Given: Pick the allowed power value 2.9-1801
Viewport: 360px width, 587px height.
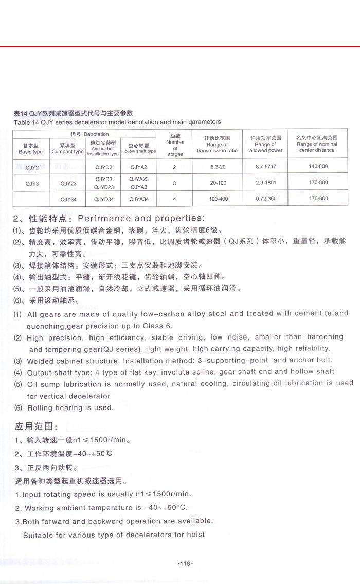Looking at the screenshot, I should (x=266, y=183).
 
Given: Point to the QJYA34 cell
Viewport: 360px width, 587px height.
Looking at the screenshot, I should (x=139, y=199).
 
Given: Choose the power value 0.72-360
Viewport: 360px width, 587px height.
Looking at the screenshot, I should (x=266, y=199).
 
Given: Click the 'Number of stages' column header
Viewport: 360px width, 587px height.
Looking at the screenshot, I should (x=175, y=145).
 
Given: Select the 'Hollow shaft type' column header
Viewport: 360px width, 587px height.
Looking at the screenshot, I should (x=139, y=149).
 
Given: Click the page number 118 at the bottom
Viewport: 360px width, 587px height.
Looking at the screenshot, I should (x=185, y=564).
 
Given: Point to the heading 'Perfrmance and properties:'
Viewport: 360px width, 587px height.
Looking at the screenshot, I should (x=141, y=218).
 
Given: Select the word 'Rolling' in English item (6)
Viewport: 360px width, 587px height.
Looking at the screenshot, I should (x=41, y=408).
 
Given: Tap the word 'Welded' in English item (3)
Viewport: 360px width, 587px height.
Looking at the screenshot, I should (x=41, y=361).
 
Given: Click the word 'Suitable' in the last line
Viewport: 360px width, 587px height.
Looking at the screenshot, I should (x=39, y=535).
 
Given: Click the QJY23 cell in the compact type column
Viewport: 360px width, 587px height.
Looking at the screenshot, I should (x=68, y=183).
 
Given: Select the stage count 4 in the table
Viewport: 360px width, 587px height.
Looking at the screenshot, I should (x=175, y=199).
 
